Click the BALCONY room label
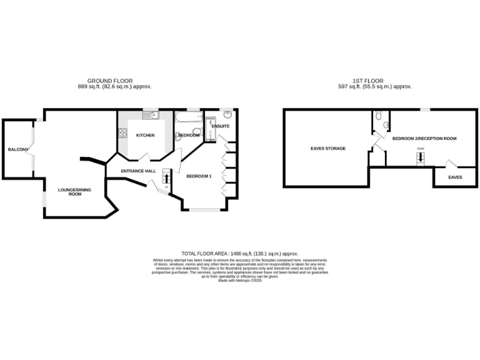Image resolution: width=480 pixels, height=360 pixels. [x=16, y=149]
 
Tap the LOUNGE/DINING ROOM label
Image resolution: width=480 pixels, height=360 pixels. [x=70, y=192]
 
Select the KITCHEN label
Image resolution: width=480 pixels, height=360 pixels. [x=146, y=135]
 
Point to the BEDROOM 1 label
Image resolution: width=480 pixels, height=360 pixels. [x=199, y=176]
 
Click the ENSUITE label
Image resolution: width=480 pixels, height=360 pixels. [x=221, y=126]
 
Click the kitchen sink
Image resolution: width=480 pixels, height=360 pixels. [x=150, y=115]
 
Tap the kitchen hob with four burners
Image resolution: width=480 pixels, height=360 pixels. [x=123, y=134]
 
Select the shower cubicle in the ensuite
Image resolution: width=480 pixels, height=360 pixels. [x=210, y=126]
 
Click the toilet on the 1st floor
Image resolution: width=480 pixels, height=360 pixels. [x=386, y=124]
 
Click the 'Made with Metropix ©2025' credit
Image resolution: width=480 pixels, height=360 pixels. [x=239, y=281]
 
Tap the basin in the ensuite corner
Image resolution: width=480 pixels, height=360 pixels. [x=229, y=115]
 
